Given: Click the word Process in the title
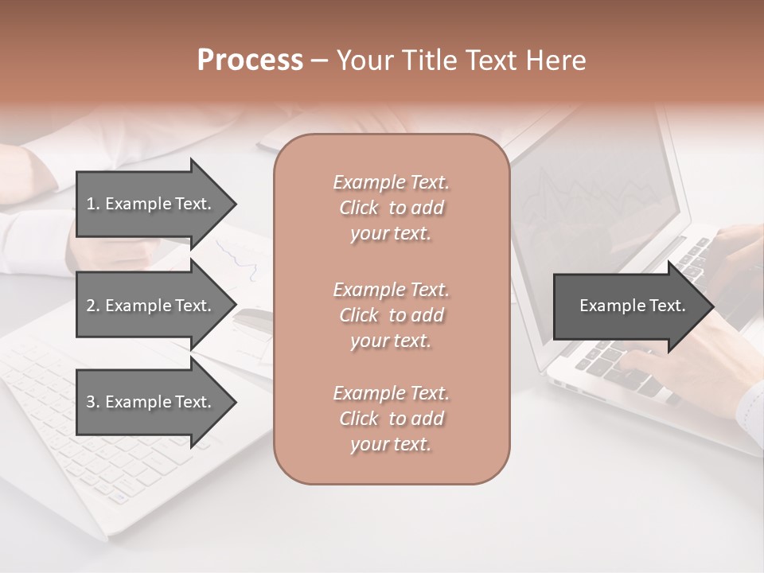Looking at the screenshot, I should coord(250,60).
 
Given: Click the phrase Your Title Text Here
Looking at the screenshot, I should coord(461,60).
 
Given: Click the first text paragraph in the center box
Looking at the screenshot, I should coord(391,208).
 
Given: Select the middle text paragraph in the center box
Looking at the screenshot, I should coord(391,315).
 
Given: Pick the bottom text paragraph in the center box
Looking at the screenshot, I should coord(391,419).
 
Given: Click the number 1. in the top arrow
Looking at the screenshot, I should coord(93,204).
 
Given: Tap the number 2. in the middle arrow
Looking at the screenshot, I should coord(93,306).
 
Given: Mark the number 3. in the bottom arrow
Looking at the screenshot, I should coord(93,402).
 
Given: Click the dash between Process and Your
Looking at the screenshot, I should coord(319,60).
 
